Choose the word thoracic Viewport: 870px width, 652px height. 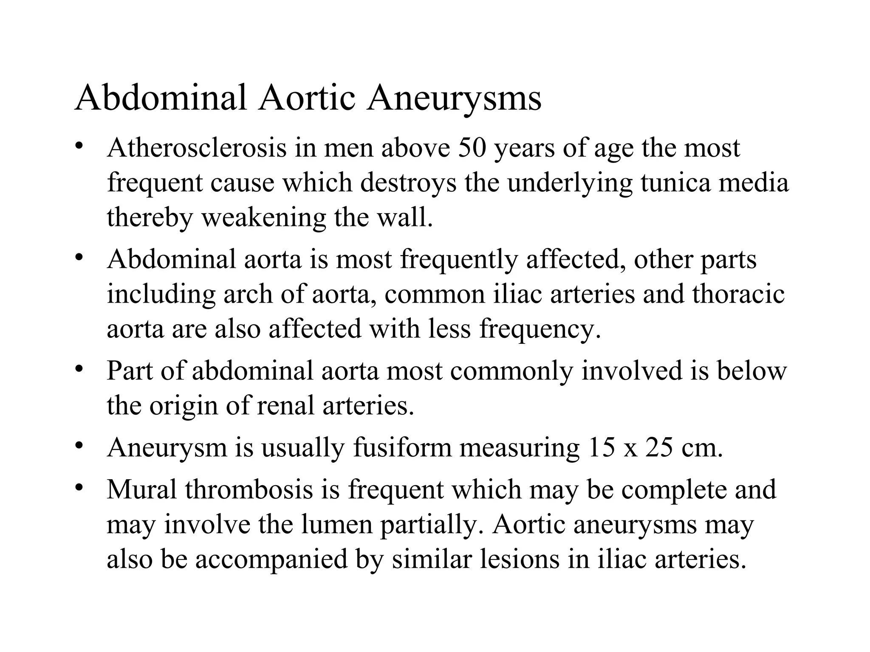pos(738,294)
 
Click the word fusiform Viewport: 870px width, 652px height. pos(402,447)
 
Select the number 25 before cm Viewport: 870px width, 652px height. pos(659,447)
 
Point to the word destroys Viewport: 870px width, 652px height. pos(409,183)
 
